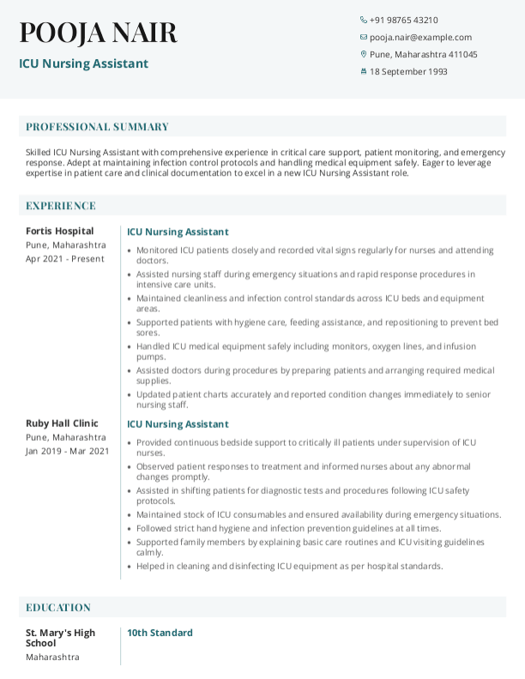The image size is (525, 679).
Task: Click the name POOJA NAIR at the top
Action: (98, 33)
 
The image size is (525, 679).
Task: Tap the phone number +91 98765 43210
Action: (403, 20)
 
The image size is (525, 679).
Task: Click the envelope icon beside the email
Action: (364, 37)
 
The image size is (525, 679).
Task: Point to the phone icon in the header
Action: (364, 20)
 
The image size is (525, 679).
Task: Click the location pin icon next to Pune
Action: (364, 54)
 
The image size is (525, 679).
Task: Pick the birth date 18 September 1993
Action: (408, 71)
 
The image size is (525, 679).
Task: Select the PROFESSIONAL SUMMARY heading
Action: (97, 127)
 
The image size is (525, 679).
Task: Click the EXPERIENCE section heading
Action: (61, 206)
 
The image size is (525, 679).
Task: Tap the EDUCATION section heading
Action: (58, 607)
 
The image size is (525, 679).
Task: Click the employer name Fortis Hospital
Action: (60, 231)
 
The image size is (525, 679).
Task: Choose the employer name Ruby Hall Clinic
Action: (62, 423)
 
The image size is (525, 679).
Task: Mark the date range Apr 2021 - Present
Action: (66, 258)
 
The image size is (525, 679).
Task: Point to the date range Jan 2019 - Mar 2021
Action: (67, 450)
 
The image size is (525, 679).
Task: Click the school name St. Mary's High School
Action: (60, 638)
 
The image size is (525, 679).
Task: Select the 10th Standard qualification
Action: (160, 633)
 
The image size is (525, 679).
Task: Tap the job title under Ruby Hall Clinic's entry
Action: (178, 424)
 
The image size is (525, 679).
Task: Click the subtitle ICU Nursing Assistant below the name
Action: (83, 63)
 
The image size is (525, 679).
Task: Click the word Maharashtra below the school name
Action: (52, 657)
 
